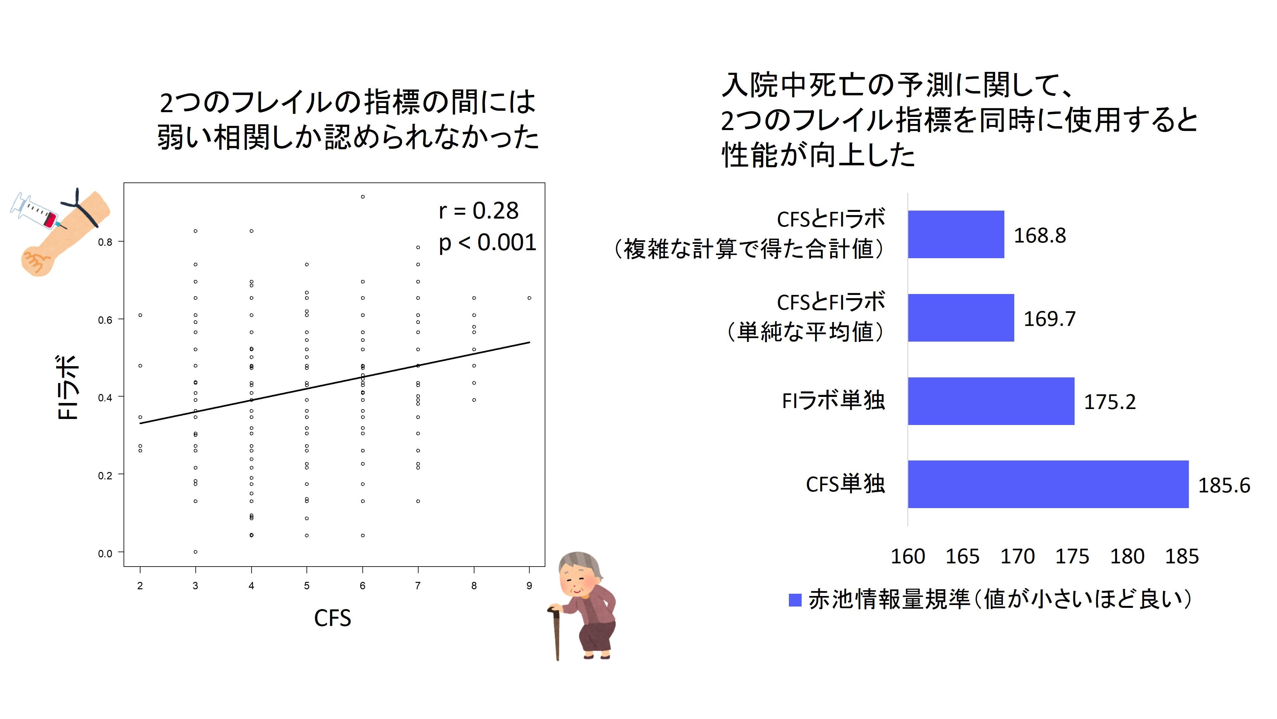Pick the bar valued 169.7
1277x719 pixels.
click(x=960, y=318)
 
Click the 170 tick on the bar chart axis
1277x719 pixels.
click(x=1017, y=557)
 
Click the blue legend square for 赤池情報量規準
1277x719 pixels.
click(x=795, y=600)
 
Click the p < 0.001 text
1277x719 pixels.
click(x=487, y=243)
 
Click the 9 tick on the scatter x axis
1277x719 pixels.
click(x=529, y=585)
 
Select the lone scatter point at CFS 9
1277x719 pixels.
click(x=529, y=298)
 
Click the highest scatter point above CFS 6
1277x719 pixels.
click(x=363, y=197)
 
